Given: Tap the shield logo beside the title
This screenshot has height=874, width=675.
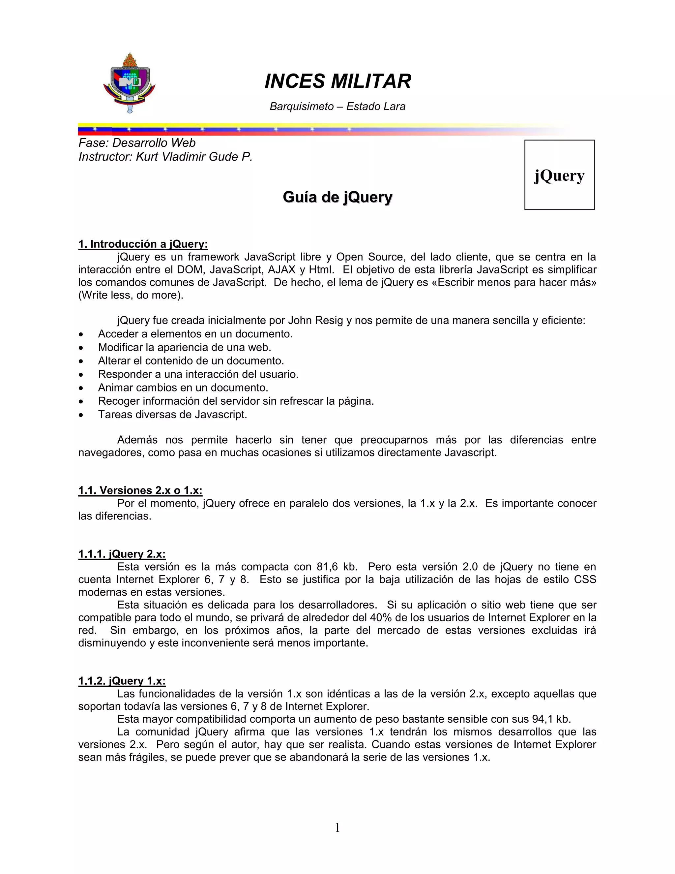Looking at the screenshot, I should [129, 83].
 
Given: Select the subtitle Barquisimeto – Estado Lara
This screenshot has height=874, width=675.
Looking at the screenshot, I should [337, 107].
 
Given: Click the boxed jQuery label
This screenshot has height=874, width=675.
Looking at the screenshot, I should [559, 175].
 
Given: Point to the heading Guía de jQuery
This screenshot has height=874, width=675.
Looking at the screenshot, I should [337, 197].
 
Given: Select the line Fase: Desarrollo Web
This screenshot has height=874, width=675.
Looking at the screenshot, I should [137, 143].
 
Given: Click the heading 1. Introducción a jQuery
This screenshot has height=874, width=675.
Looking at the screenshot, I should [143, 244].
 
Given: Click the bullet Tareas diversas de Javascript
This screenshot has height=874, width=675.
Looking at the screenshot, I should [172, 414].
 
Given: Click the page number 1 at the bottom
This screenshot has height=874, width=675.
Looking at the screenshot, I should [337, 827].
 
